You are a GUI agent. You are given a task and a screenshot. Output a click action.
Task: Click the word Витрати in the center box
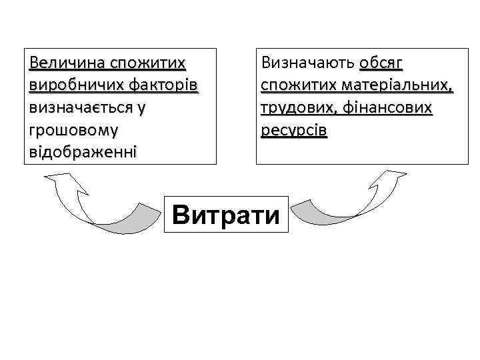tap(226, 214)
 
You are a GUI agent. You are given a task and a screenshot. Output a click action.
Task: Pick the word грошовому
tap(67, 129)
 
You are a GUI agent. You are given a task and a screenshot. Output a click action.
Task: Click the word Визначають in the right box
tap(307, 63)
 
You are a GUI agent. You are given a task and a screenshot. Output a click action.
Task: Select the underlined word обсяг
tap(381, 63)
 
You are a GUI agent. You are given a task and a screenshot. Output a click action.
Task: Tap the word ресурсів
tap(294, 129)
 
